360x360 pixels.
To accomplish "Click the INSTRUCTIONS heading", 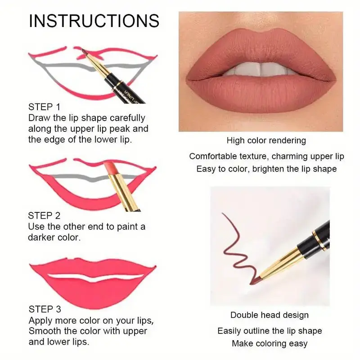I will [x=94, y=21].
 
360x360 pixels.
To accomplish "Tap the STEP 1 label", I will [x=44, y=107].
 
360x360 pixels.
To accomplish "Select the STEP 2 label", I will [x=44, y=216].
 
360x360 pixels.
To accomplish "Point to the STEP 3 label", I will [x=44, y=309].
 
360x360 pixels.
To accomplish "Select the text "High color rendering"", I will [x=266, y=140].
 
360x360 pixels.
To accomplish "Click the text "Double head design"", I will [x=269, y=315].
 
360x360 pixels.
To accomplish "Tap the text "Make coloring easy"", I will [x=270, y=343].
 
